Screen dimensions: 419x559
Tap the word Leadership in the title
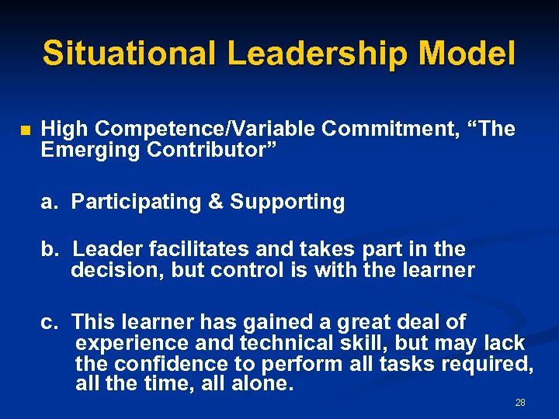318,54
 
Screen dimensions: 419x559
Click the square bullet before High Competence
24,130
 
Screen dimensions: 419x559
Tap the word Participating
136,202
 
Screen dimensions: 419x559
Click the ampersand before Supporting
216,202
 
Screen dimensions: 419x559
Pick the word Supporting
286,202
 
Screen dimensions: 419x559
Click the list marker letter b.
50,249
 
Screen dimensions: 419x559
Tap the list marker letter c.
50,321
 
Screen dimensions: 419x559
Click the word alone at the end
263,384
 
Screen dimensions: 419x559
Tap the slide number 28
520,403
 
